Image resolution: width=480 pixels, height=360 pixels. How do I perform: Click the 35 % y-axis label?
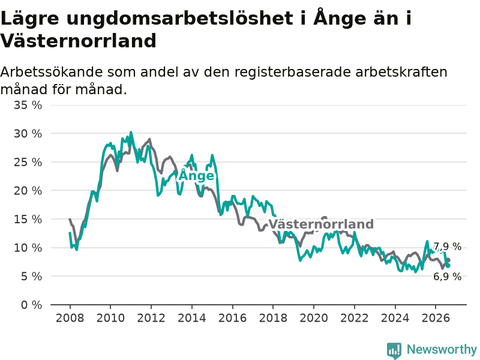coord(28,105)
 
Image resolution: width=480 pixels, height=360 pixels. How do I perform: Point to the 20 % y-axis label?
coord(28,191)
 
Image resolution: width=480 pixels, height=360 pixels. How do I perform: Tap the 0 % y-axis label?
coord(32,305)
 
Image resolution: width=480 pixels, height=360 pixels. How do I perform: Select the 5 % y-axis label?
coord(32,277)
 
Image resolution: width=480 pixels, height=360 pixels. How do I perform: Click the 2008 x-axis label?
coord(70,318)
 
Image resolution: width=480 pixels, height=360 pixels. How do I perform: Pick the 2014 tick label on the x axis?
coord(192,318)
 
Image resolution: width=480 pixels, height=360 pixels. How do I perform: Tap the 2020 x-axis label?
coord(314,318)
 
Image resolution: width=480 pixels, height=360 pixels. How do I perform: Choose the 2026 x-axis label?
coord(436,318)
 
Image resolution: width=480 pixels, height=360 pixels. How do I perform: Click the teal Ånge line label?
coord(196,175)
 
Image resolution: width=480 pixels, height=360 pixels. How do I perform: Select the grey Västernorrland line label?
coord(321,224)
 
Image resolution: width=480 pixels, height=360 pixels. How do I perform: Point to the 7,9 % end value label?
coord(448,247)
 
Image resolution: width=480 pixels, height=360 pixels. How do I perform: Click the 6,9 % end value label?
coord(448,277)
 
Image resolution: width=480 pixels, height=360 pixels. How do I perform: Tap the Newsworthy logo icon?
coord(394,350)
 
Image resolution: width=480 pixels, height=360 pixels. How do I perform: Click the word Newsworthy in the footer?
coord(442,349)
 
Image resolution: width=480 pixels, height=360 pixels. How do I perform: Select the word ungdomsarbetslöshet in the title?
coord(179,19)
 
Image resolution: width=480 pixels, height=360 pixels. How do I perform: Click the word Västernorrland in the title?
coord(79,41)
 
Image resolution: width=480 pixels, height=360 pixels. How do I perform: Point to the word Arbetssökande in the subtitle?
coord(52,72)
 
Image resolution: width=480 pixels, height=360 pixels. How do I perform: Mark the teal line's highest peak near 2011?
coord(131,132)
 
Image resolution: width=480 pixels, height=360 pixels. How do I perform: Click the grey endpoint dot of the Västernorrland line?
coord(448,260)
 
